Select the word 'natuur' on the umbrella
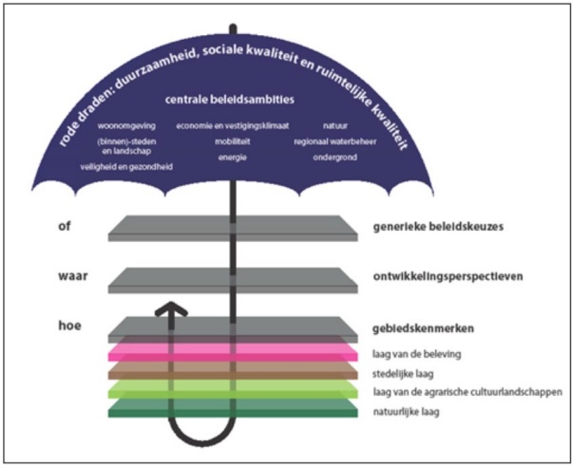334,124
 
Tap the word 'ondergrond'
333,157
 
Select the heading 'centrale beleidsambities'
228,100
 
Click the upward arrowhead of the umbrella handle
171,310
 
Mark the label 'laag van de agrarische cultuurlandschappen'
464,391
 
